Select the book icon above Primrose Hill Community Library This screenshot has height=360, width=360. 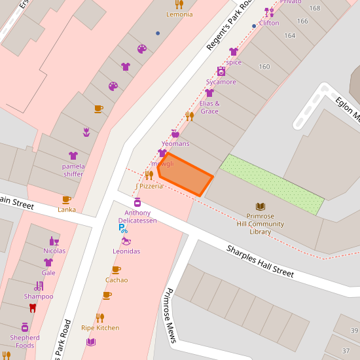coord(261,206)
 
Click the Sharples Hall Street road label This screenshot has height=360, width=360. coord(260,261)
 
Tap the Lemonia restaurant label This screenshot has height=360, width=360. coord(179,14)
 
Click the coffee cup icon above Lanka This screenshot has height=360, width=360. coord(66,200)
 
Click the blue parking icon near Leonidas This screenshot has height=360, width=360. coord(122,228)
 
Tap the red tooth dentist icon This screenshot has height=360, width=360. coord(33,308)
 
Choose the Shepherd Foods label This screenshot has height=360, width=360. coord(25,342)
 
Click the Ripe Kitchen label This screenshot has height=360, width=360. coord(100,327)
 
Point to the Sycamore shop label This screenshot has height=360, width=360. coord(221,82)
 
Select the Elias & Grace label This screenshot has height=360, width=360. coord(209,107)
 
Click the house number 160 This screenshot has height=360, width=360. coord(264,67)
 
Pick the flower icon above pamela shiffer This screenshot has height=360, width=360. coord(86,132)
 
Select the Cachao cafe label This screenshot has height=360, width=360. coord(117,280)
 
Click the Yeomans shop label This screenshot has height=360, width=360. coord(175,144)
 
